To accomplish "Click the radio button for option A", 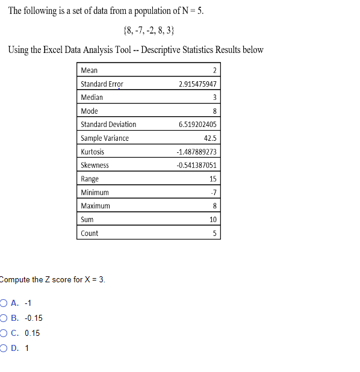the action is pos(4,303).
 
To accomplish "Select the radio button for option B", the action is pos(4,318).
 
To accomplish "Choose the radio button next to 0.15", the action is pos(4,333).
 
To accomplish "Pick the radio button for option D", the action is pos(4,347).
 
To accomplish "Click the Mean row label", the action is pos(89,70).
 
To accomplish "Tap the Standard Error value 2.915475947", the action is pos(197,84).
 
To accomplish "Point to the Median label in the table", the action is pos(92,98).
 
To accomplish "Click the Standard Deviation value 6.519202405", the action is pos(197,125).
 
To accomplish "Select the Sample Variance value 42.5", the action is pos(210,138).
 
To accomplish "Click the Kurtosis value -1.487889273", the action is pos(196,152).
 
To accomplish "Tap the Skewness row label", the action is pos(95,165).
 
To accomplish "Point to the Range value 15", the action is pos(213,179).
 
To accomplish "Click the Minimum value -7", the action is pos(213,193).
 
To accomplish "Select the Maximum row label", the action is pos(95,206).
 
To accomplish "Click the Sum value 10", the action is pos(213,220).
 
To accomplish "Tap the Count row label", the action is pos(89,233).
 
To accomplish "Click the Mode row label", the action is pos(89,111).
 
